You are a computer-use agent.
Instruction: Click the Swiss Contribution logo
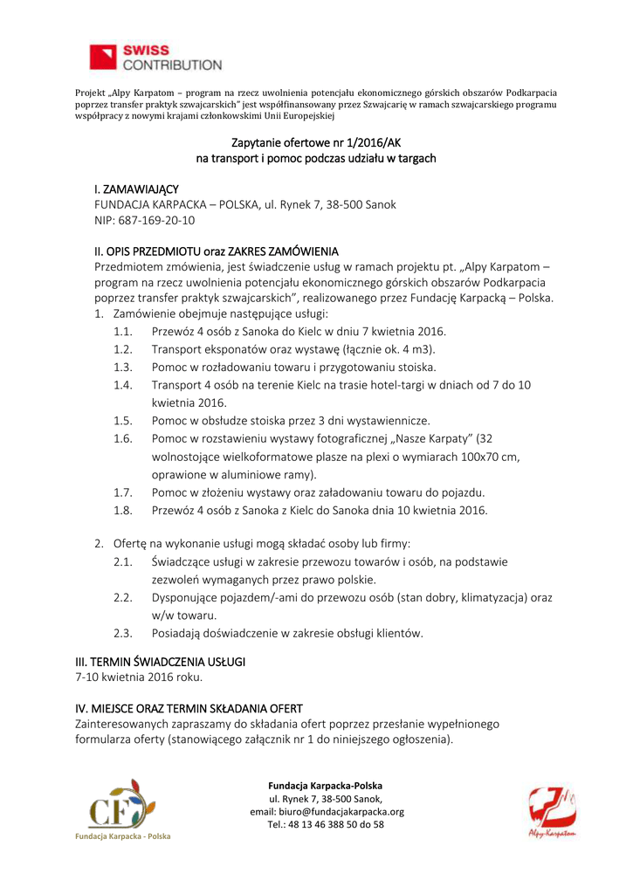[155, 58]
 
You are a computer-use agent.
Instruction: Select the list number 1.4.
[122, 384]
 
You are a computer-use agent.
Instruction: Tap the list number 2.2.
[122, 597]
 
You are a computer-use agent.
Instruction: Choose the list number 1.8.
[122, 510]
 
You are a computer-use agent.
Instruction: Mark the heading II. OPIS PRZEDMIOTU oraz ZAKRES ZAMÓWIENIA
[216, 251]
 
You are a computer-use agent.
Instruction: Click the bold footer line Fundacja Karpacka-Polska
[325, 785]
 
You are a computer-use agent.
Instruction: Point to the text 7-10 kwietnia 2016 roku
[139, 677]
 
